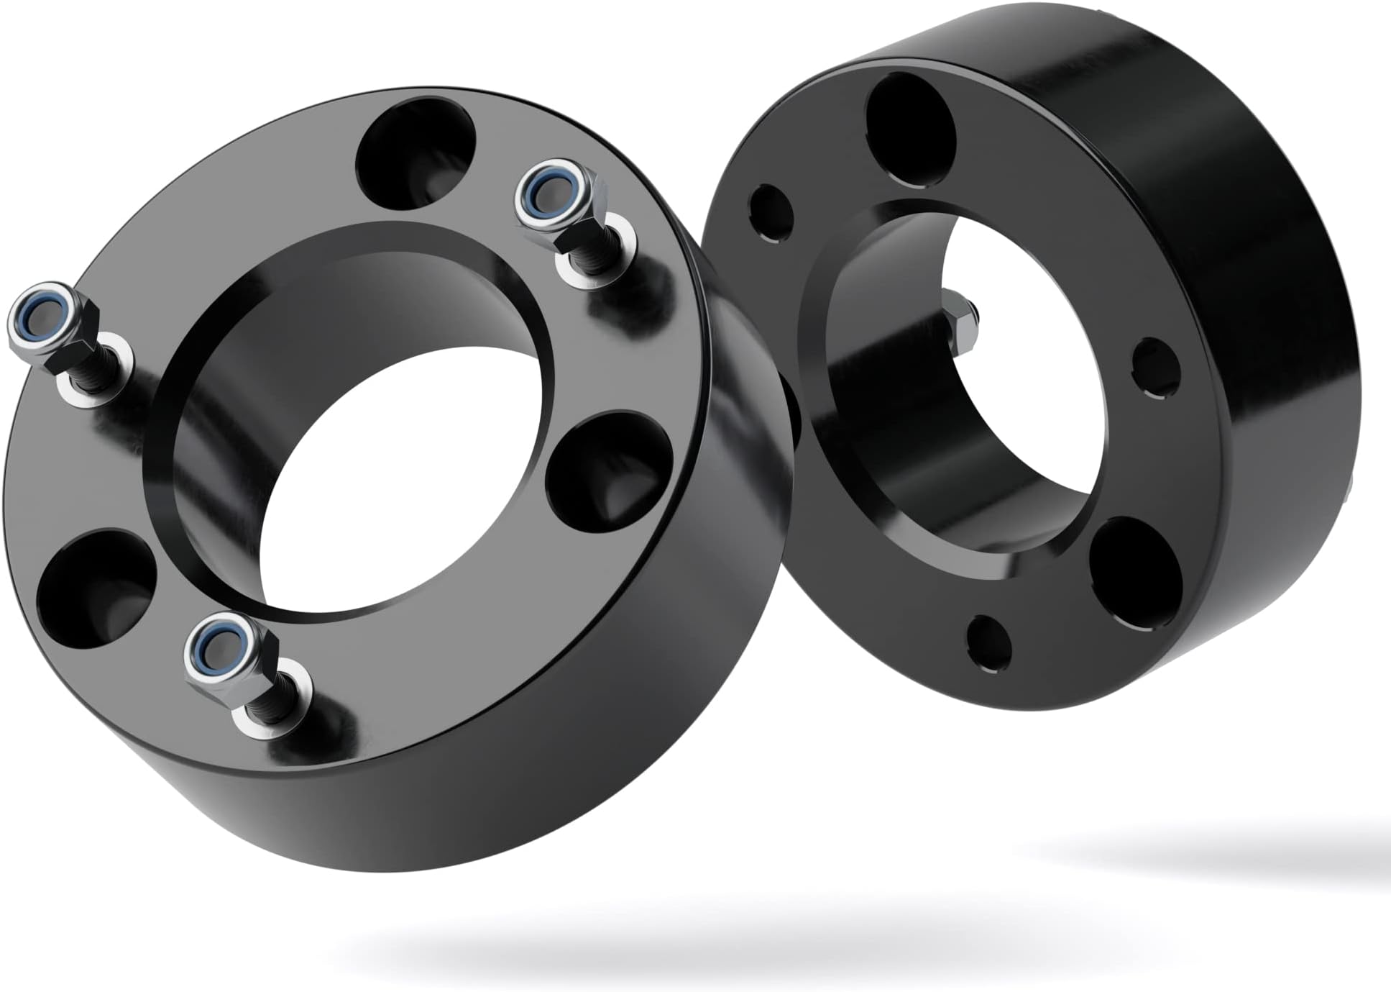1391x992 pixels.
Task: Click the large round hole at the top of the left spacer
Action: (x=416, y=153)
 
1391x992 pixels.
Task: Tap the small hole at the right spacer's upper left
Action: (x=771, y=208)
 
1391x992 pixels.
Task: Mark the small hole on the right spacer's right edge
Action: (x=1156, y=368)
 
